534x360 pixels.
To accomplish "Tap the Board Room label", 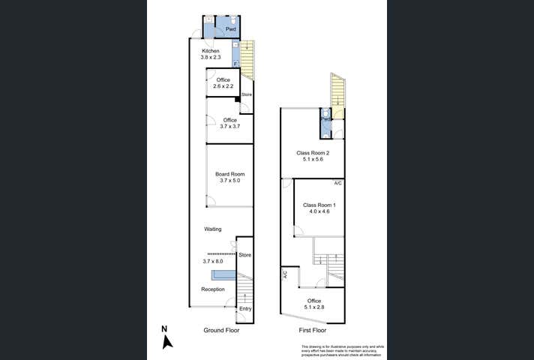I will [x=230, y=174].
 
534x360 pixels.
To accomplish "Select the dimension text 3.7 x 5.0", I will [x=230, y=181].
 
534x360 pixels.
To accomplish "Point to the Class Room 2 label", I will [x=313, y=153].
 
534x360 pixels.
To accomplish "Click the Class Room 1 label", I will [x=319, y=205].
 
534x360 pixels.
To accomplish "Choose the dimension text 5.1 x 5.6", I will [x=313, y=160].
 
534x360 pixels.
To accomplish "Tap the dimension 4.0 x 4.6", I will [x=319, y=211].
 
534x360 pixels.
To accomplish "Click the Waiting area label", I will [x=212, y=229].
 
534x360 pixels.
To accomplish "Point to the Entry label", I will [x=244, y=308].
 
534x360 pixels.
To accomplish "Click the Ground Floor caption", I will [x=221, y=330].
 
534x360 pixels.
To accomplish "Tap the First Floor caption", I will [x=313, y=330].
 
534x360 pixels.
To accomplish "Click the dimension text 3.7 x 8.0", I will [x=213, y=261].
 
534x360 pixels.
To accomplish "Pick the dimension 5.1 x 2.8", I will [x=313, y=307].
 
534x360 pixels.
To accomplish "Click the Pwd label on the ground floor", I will [x=231, y=29].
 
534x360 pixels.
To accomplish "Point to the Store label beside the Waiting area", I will [x=244, y=255].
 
